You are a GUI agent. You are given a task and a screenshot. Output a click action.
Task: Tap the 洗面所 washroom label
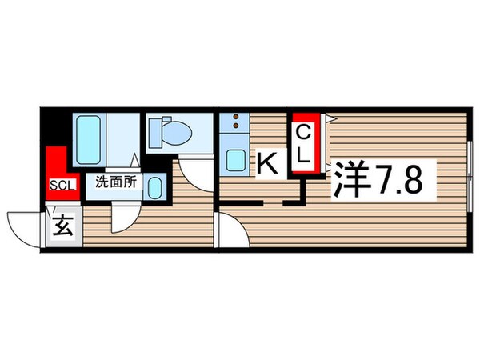click(x=117, y=182)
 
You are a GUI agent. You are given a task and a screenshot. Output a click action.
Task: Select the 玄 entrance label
click(x=64, y=226)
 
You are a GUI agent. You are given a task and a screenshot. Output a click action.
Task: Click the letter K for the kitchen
click(x=268, y=164)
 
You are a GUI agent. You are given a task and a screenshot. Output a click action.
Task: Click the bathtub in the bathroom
click(x=91, y=138)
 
